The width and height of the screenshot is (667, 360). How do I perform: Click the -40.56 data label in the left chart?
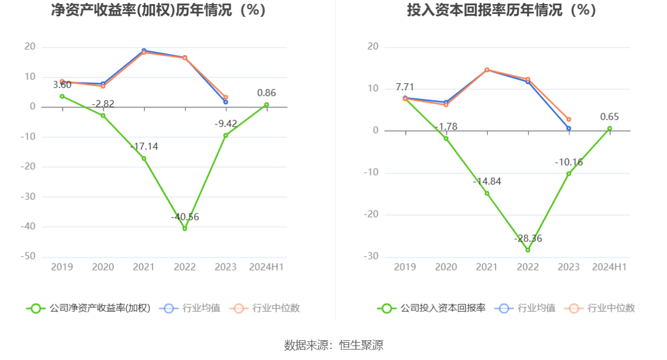(x=185, y=217)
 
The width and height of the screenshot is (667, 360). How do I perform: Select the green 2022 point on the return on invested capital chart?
(x=528, y=250)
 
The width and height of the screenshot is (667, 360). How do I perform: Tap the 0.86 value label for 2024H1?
(x=266, y=93)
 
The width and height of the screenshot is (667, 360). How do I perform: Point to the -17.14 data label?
(x=144, y=147)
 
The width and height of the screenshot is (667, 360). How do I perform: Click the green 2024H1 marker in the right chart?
(x=609, y=129)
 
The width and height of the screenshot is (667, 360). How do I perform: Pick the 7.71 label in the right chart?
(x=405, y=87)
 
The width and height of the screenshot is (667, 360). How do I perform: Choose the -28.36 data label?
(x=528, y=238)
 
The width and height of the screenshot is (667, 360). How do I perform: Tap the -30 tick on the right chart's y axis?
(x=370, y=256)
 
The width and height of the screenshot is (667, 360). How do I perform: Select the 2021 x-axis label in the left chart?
(x=144, y=267)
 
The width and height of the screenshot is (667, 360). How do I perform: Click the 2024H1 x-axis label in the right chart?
(x=609, y=267)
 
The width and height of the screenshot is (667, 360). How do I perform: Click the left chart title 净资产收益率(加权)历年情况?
(x=158, y=10)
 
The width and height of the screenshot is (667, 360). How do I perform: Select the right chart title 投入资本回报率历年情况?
(x=501, y=10)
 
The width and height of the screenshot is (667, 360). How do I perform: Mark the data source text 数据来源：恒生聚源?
(x=333, y=345)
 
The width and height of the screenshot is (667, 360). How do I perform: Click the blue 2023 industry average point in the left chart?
(x=226, y=102)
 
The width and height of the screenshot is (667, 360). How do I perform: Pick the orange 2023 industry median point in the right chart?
(x=569, y=119)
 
